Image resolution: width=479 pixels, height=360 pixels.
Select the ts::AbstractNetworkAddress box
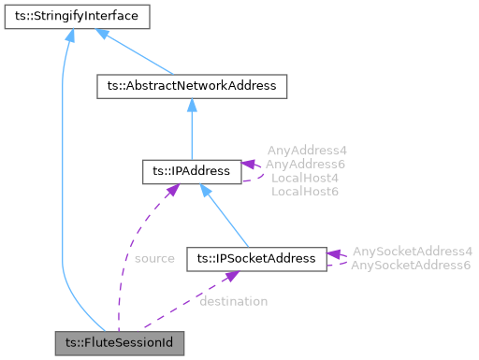point(191,86)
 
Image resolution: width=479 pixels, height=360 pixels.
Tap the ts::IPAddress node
point(191,172)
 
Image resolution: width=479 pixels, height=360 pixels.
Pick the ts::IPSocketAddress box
point(256,257)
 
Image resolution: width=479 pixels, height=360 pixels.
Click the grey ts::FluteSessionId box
point(118,343)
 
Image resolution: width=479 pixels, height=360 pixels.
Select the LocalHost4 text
point(304,178)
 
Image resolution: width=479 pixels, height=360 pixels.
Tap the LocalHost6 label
point(304,191)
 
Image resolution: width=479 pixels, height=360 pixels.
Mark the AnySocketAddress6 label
point(411,265)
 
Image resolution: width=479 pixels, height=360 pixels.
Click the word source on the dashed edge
point(154,258)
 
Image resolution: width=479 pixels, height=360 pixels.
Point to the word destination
point(233,301)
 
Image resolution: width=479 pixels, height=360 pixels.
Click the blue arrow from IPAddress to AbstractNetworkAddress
point(191,131)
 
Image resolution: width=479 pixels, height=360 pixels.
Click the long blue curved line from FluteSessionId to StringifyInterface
point(61,187)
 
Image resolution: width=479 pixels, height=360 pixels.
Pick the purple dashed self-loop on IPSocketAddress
point(340,259)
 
